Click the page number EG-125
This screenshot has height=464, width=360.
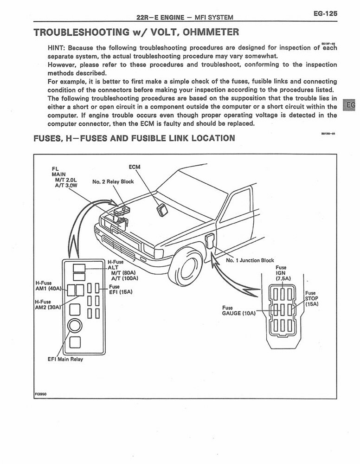(324, 14)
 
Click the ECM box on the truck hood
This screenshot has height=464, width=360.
(162, 209)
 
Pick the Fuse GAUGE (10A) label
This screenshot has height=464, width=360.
(238, 310)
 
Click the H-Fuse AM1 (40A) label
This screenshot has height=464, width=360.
(48, 285)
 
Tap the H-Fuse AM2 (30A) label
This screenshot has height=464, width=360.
(48, 305)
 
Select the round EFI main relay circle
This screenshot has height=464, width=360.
(75, 326)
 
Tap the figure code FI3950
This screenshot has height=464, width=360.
(40, 394)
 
